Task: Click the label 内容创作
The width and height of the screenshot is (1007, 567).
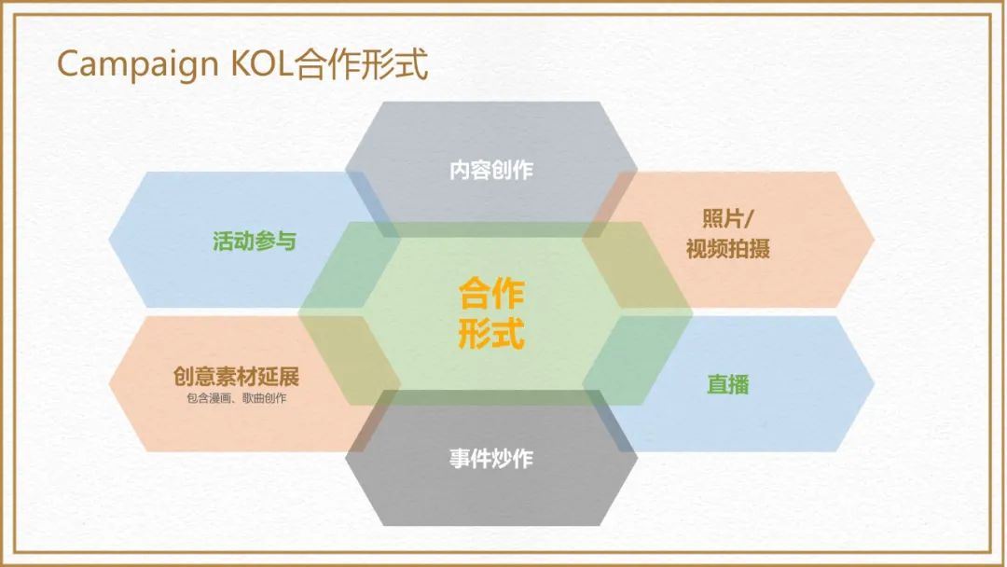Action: coord(491,171)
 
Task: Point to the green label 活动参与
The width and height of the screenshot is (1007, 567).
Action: coord(255,242)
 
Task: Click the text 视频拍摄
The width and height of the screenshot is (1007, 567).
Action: coord(727,249)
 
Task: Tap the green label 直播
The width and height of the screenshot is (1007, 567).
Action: coord(727,384)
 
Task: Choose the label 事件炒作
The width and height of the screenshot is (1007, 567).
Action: coord(491,460)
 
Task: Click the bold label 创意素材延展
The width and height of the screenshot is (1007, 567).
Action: coord(236,377)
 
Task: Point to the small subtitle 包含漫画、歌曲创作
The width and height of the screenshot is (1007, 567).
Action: coord(236,398)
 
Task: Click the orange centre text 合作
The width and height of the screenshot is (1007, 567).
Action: coord(491,294)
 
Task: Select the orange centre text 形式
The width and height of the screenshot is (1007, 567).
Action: coord(491,333)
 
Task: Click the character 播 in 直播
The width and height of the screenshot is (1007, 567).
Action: coord(738,384)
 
